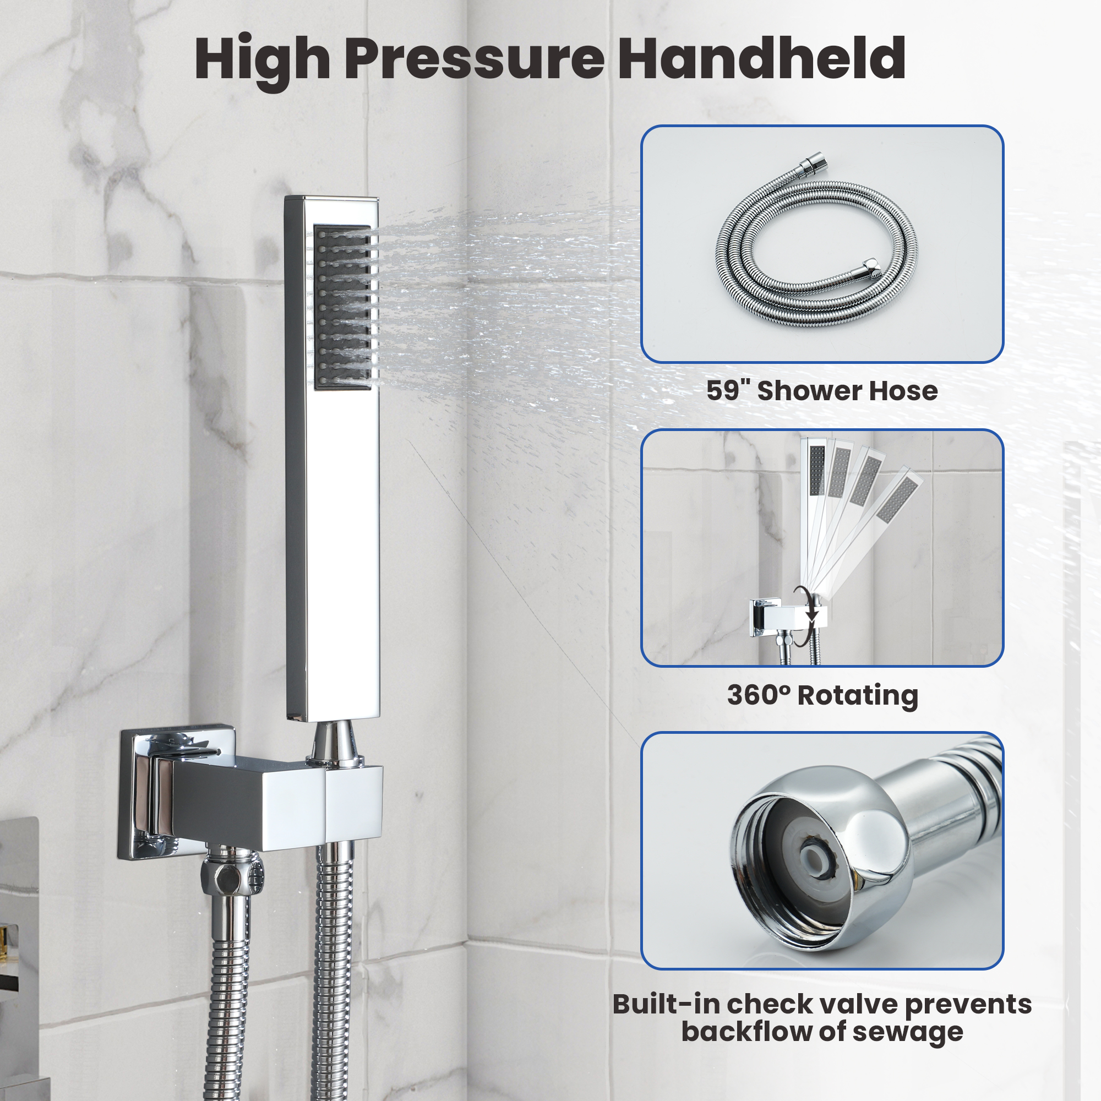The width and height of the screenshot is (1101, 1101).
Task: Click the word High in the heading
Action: (x=262, y=60)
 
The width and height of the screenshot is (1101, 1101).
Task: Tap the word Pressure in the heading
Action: (x=474, y=59)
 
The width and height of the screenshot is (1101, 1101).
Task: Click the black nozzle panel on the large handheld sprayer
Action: (x=342, y=308)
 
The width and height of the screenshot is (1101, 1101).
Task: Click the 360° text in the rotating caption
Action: (x=759, y=695)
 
